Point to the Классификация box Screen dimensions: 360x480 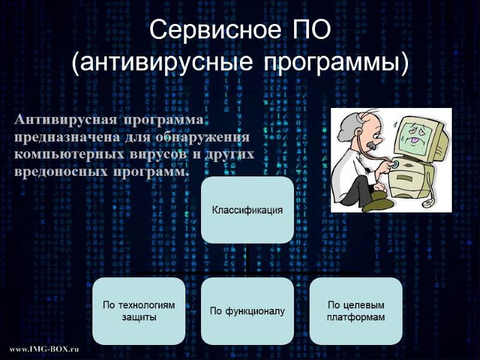pos(247,209)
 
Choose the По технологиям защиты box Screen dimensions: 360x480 pos(139,310)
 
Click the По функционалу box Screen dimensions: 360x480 pos(247,310)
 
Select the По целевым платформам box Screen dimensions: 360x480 pos(356,310)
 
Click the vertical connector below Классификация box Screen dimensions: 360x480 pos(247,258)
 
